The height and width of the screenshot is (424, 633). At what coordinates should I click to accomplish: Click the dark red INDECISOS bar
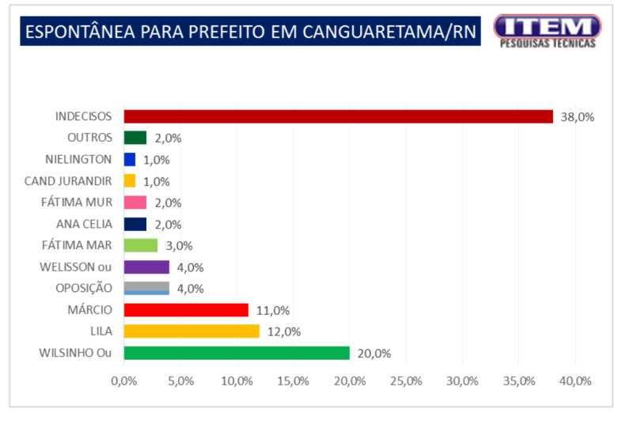[339, 116]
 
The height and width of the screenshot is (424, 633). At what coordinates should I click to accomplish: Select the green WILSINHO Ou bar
[237, 353]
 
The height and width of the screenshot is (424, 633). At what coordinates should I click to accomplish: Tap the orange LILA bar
[191, 331]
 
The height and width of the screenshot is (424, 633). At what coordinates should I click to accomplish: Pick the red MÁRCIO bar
[186, 310]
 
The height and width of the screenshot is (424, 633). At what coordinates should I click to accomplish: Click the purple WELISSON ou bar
[146, 267]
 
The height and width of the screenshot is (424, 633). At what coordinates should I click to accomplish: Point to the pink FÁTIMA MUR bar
[135, 203]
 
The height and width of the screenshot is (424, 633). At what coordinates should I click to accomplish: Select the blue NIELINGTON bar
[130, 159]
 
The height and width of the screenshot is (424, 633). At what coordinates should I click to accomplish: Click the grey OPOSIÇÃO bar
[146, 288]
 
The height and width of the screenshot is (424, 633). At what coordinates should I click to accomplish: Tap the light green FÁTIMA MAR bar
[141, 245]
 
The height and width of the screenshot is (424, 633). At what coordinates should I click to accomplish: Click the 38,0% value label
[577, 117]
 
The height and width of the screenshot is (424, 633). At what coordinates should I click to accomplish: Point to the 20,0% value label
[374, 354]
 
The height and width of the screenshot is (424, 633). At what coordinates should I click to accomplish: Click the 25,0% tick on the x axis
[406, 381]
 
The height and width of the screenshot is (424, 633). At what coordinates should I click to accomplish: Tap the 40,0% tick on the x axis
[575, 381]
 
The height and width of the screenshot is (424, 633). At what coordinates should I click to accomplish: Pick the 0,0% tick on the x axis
[124, 381]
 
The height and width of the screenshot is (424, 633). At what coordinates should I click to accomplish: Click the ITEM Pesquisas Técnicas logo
[547, 31]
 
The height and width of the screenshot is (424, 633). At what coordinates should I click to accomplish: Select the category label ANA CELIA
[85, 224]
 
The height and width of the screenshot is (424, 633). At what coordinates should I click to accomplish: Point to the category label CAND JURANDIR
[73, 180]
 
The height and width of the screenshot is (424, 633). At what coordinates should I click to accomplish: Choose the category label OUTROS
[90, 138]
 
